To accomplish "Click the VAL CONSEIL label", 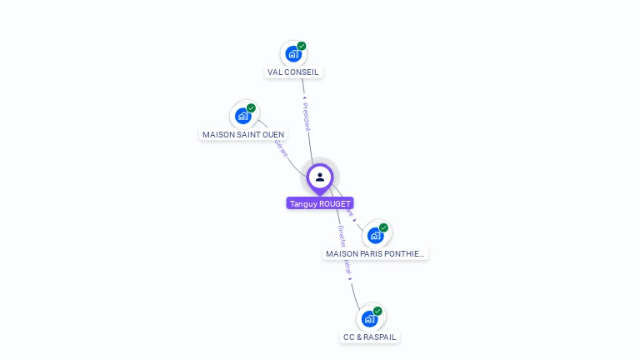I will [293, 72].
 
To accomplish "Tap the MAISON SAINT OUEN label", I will [243, 134].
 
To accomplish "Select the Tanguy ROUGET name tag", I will [320, 203].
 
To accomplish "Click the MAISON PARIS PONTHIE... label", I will [375, 253].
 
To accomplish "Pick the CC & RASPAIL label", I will [369, 337].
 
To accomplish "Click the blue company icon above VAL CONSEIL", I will [292, 54].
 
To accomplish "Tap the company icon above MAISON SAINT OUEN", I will [242, 116].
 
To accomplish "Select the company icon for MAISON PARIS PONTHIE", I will [375, 235].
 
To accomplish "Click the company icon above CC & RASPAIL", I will [369, 318].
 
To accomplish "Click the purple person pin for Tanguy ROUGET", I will [320, 177].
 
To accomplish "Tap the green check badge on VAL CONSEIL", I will [302, 46].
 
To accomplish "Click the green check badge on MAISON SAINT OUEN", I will [251, 107].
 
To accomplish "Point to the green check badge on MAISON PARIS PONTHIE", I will [383, 227].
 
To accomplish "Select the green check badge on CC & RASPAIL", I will [377, 311].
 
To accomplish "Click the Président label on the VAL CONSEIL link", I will [306, 117].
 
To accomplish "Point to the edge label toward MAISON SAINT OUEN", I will [280, 147].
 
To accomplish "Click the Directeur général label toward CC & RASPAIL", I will [344, 250].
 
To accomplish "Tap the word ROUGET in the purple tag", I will [336, 203].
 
